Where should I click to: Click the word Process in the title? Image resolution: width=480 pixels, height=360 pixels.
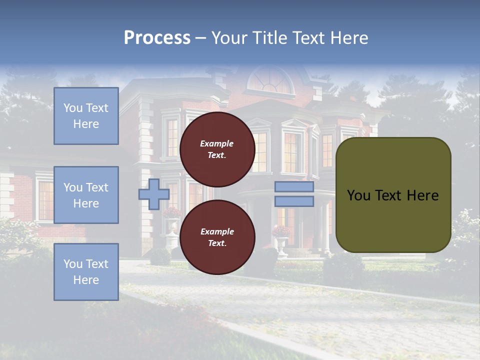(x=157, y=38)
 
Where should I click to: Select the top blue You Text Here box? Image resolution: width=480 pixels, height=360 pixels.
(x=86, y=116)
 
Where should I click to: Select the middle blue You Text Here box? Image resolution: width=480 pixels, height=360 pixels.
(x=86, y=195)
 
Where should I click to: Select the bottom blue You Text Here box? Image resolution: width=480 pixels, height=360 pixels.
(x=86, y=272)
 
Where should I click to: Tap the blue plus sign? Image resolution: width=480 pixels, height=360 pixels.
(x=154, y=194)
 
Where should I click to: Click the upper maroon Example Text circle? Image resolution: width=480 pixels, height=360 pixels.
(x=217, y=149)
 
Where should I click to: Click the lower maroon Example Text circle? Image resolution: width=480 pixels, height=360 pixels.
(x=217, y=237)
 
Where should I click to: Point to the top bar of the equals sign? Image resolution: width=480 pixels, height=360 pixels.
(x=294, y=187)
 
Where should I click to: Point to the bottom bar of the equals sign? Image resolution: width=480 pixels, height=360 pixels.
(x=294, y=201)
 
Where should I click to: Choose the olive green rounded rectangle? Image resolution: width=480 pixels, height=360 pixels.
(x=393, y=195)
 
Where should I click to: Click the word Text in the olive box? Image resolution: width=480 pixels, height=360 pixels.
(x=392, y=195)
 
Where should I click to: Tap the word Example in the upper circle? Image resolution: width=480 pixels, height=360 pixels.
(x=216, y=143)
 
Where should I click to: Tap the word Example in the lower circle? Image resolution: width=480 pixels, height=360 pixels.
(x=217, y=231)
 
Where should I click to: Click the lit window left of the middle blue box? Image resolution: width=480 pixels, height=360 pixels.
(x=45, y=200)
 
